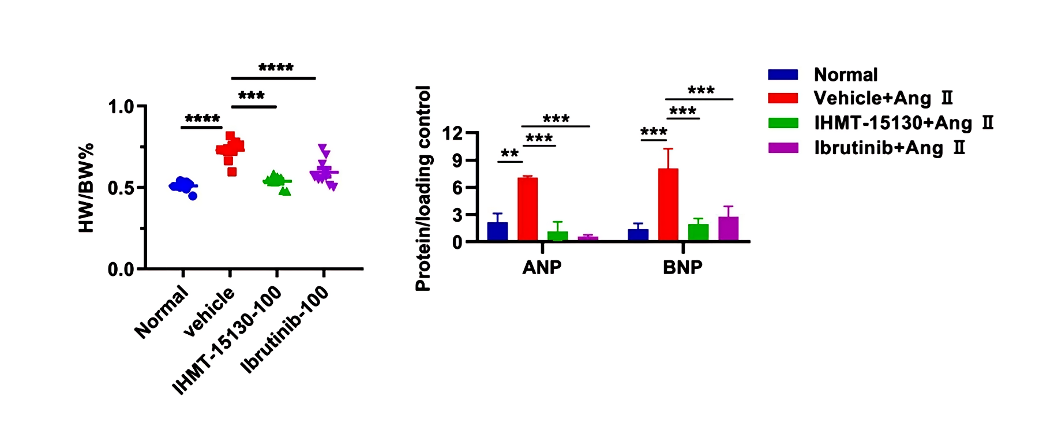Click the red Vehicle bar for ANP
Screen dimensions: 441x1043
[x=527, y=209]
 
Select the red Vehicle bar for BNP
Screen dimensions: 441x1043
[x=668, y=204]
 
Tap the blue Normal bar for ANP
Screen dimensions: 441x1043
[x=497, y=231]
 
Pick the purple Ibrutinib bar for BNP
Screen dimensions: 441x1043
[x=728, y=229]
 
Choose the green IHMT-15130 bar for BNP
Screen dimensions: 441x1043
[x=698, y=232]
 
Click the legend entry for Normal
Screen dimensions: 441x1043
[x=845, y=74]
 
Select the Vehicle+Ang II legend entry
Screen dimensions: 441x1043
[x=883, y=98]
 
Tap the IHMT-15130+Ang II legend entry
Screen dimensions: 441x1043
[x=903, y=123]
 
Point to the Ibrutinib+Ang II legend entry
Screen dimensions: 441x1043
[x=889, y=148]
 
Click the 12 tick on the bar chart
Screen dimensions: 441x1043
[x=452, y=133]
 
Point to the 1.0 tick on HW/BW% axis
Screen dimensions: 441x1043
[x=121, y=107]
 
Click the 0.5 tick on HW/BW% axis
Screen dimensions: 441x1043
[x=121, y=188]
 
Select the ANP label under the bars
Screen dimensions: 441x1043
[x=542, y=267]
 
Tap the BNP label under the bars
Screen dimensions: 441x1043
[x=682, y=267]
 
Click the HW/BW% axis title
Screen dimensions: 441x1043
[x=86, y=188]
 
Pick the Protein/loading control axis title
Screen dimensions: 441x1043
[x=423, y=188]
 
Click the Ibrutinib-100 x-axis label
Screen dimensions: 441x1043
[x=285, y=329]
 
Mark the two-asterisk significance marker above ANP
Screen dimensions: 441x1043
[x=509, y=154]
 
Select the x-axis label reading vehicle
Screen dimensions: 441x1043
[x=209, y=312]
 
